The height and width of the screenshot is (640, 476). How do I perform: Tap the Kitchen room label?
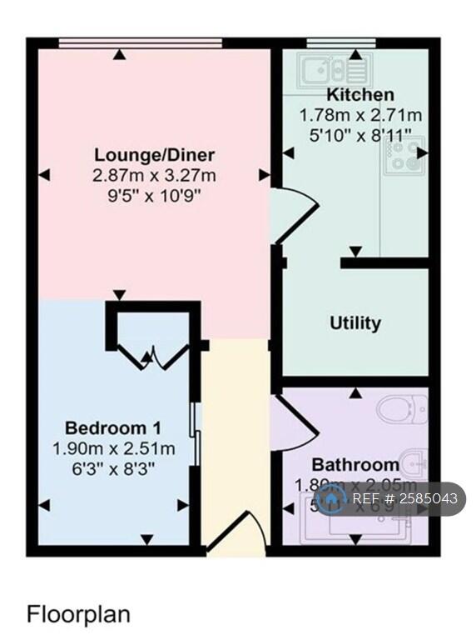360,94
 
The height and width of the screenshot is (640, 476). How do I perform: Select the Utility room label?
355,322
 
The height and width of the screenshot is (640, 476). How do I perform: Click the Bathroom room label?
355,464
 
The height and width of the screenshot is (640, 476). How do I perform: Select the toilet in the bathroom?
402,410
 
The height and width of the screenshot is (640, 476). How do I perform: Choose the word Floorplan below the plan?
79,615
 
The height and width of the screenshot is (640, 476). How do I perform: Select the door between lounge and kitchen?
295,212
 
